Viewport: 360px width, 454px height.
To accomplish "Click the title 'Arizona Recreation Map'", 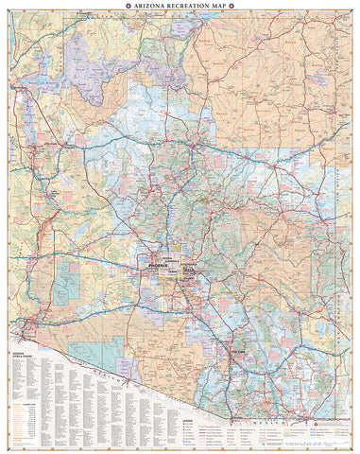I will click(180, 6).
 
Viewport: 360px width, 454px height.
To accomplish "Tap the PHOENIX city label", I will click(157, 269).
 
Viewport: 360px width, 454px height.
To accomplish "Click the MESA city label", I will click(186, 271).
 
